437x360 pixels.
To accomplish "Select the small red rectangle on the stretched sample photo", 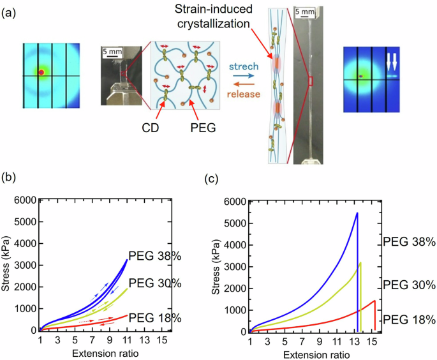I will coord(311,80).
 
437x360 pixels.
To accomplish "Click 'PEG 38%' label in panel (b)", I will coord(155,256).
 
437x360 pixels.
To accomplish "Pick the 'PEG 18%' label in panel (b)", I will coord(155,317).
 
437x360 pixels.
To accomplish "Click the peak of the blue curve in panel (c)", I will coord(357,213).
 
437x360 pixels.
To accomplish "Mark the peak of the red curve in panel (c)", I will coord(374,301).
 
